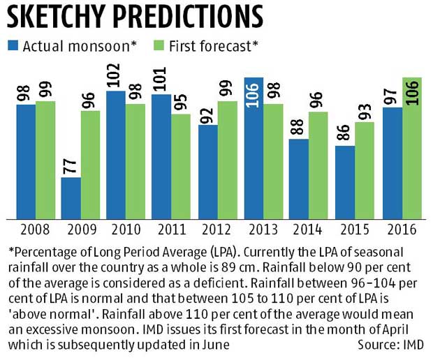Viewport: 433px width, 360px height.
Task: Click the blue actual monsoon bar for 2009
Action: pos(71,197)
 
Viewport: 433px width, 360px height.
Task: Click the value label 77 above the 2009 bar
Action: pos(71,165)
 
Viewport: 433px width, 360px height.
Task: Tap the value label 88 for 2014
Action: pos(300,126)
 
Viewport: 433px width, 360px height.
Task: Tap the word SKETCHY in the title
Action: pos(66,16)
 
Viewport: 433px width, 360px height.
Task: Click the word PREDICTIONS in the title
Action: pos(199,16)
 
